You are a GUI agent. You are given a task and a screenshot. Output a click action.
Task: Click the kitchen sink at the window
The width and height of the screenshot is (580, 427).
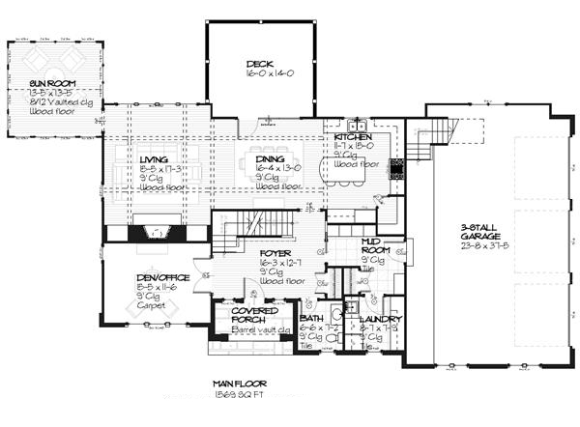[x=355, y=125]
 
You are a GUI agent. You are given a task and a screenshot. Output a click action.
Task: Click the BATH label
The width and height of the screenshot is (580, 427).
[x=311, y=318]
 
